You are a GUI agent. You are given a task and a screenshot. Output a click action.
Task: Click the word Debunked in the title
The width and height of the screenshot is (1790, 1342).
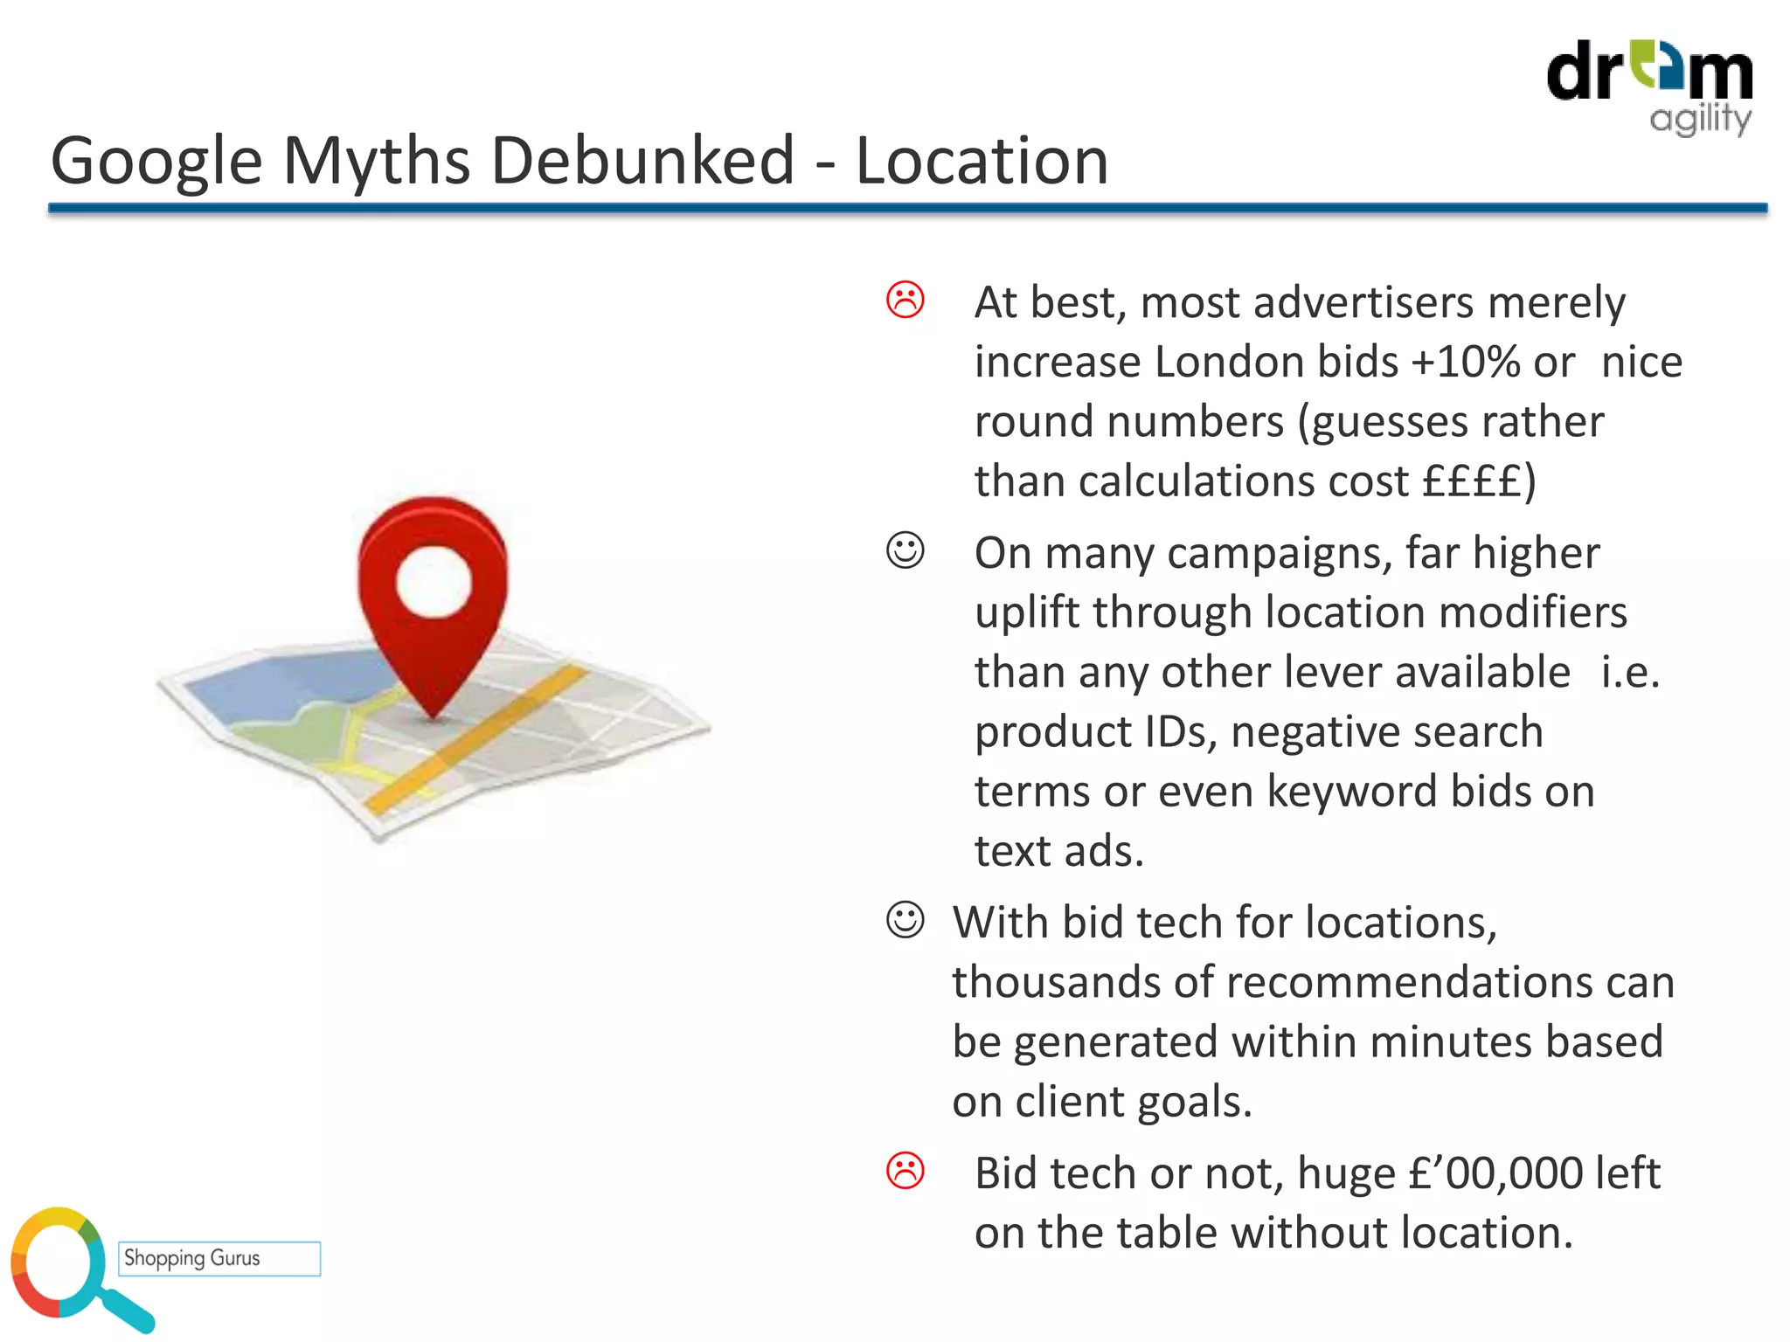642,161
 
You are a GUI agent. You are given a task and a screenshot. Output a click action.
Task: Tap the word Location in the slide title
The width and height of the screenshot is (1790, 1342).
982,161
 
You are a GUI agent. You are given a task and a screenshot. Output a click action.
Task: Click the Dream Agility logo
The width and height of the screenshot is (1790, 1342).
1649,86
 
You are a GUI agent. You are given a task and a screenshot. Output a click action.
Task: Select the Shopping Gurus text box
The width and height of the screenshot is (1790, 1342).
219,1258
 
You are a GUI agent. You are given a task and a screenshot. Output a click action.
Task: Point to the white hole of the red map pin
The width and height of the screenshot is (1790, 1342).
434,582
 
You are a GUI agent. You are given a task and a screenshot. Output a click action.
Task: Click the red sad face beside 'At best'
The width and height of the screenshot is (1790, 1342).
905,300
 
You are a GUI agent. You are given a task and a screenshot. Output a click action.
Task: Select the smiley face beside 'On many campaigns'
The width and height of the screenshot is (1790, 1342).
905,550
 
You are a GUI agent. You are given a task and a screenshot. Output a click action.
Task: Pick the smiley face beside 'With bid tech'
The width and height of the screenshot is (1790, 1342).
905,920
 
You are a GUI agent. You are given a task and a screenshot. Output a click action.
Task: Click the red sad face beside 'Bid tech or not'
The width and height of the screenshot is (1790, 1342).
905,1171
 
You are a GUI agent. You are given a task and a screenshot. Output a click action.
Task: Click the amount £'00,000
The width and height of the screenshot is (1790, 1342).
1495,1173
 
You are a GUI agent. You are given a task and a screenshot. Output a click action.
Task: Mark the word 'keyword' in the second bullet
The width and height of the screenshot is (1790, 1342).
1352,792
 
